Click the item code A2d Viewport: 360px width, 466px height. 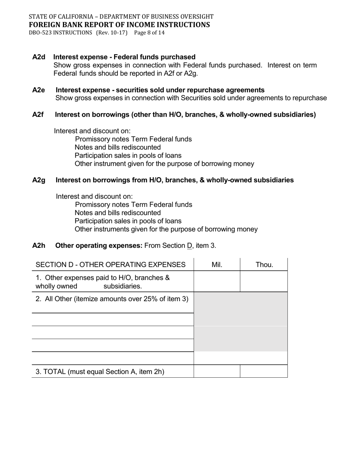[x=39, y=57]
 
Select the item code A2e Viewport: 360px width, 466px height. [x=39, y=90]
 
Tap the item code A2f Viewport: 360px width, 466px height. [x=38, y=115]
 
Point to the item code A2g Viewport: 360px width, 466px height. [x=39, y=180]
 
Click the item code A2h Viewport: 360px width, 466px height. [x=39, y=246]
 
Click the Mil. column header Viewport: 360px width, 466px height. [x=217, y=265]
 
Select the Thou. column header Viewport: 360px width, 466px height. [x=264, y=265]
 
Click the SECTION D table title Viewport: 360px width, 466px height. [x=110, y=265]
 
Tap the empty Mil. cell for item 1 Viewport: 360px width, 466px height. [x=217, y=281]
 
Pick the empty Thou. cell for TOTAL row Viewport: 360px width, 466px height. [x=264, y=371]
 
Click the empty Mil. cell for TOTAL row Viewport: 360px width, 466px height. [x=217, y=371]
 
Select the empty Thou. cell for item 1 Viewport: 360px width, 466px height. [x=264, y=281]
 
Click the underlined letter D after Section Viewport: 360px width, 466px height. [x=189, y=246]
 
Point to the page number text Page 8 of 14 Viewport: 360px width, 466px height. [x=149, y=33]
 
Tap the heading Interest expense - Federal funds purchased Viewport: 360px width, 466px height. [x=124, y=57]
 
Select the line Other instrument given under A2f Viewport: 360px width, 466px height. [x=164, y=164]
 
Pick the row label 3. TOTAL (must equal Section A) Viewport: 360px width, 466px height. [x=100, y=372]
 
